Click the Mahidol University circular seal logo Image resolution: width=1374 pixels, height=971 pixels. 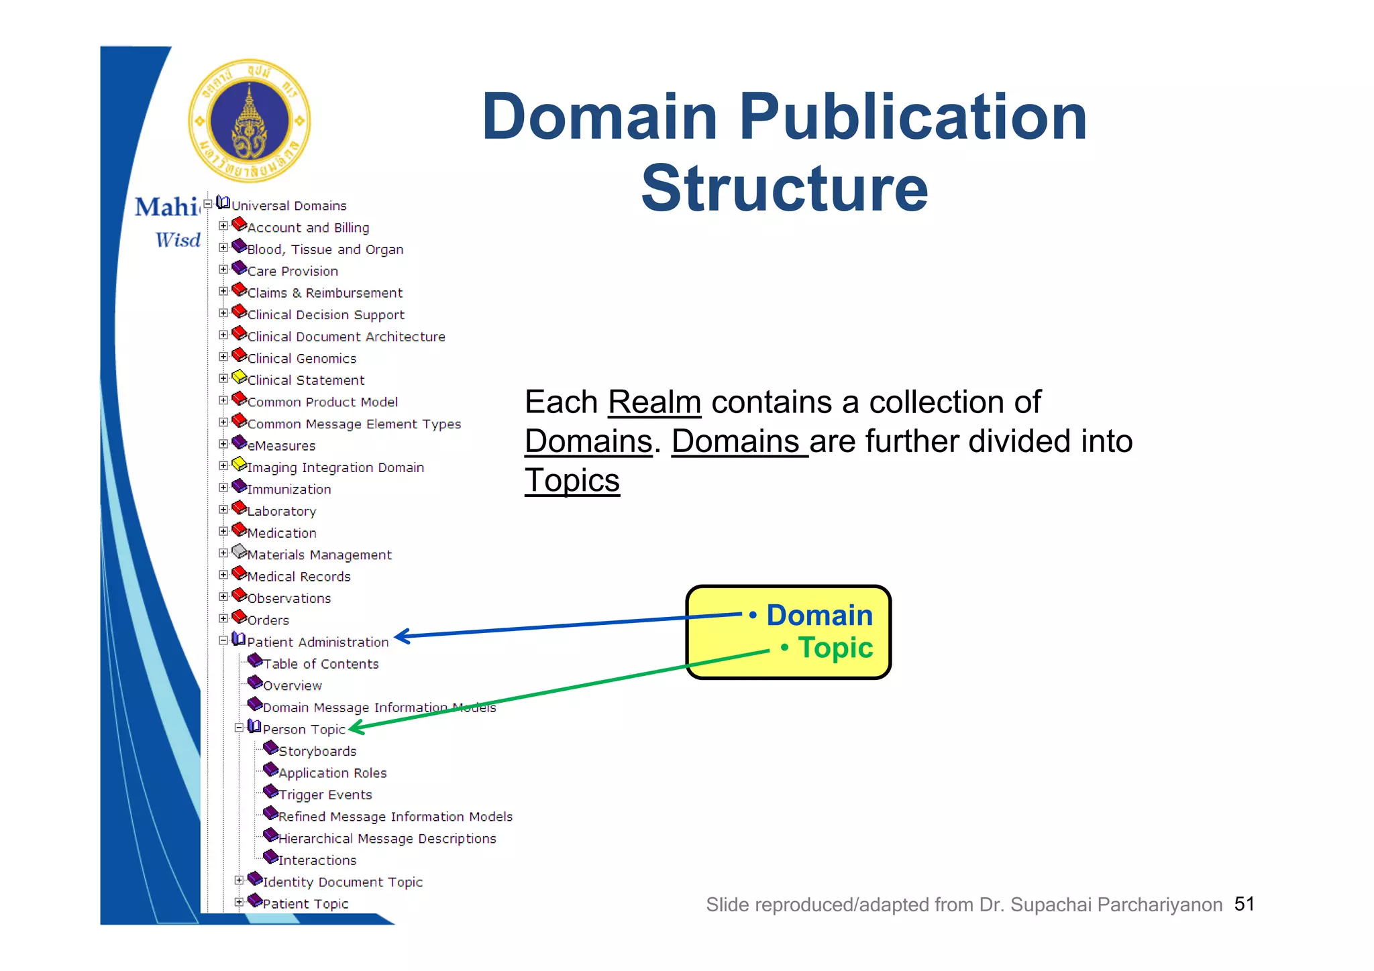[x=250, y=121]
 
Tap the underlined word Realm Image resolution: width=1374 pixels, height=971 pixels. [x=654, y=402]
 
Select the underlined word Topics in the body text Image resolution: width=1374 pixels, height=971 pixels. [x=572, y=480]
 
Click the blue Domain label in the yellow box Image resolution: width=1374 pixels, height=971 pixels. [x=819, y=615]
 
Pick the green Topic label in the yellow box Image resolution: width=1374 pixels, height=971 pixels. [x=835, y=648]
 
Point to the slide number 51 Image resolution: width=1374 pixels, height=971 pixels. [x=1245, y=904]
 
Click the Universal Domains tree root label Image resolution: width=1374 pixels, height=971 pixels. [x=289, y=206]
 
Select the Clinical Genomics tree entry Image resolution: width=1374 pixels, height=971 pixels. [x=302, y=359]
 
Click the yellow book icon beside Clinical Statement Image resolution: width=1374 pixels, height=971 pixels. [x=239, y=378]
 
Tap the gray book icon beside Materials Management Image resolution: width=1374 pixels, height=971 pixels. [x=239, y=552]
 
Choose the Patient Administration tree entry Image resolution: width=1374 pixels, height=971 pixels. [x=317, y=642]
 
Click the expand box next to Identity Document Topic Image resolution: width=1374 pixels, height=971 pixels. [x=239, y=880]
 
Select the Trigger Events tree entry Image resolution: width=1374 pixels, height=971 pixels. [x=325, y=795]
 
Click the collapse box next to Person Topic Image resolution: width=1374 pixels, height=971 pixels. [x=239, y=728]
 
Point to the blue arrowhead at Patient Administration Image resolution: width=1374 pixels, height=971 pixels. [x=401, y=636]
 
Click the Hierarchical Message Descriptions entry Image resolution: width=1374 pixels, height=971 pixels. [x=387, y=839]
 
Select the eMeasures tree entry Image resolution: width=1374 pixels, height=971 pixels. [x=282, y=446]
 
